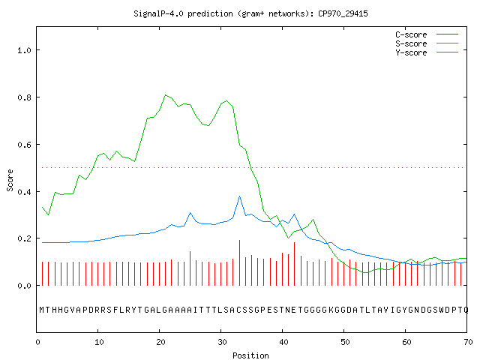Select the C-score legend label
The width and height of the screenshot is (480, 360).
pos(411,34)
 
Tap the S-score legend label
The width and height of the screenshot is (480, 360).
pos(411,43)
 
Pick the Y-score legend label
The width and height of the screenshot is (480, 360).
pos(411,52)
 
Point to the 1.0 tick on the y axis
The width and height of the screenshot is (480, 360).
pos(24,50)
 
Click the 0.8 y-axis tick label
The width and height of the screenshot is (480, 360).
pos(24,97)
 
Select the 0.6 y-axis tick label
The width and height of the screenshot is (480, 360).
pos(24,145)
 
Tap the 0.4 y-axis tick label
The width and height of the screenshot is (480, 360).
pos(24,192)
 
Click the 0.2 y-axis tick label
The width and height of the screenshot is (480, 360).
pos(24,238)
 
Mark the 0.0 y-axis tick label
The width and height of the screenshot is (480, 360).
pos(24,286)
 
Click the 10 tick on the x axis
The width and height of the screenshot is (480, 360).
pos(99,342)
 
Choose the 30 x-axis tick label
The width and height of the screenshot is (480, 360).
pos(222,342)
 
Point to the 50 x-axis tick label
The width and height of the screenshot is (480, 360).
pos(345,342)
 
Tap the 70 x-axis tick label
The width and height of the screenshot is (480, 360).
pos(468,342)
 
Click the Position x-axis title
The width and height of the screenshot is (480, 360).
pos(250,355)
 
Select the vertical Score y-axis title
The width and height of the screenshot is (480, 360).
pos(10,180)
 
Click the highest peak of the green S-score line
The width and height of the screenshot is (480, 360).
pos(165,95)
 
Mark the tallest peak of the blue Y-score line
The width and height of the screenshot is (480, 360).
pos(239,196)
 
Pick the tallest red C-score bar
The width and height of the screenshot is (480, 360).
pos(239,262)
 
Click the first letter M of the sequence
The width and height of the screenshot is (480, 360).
pos(42,310)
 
